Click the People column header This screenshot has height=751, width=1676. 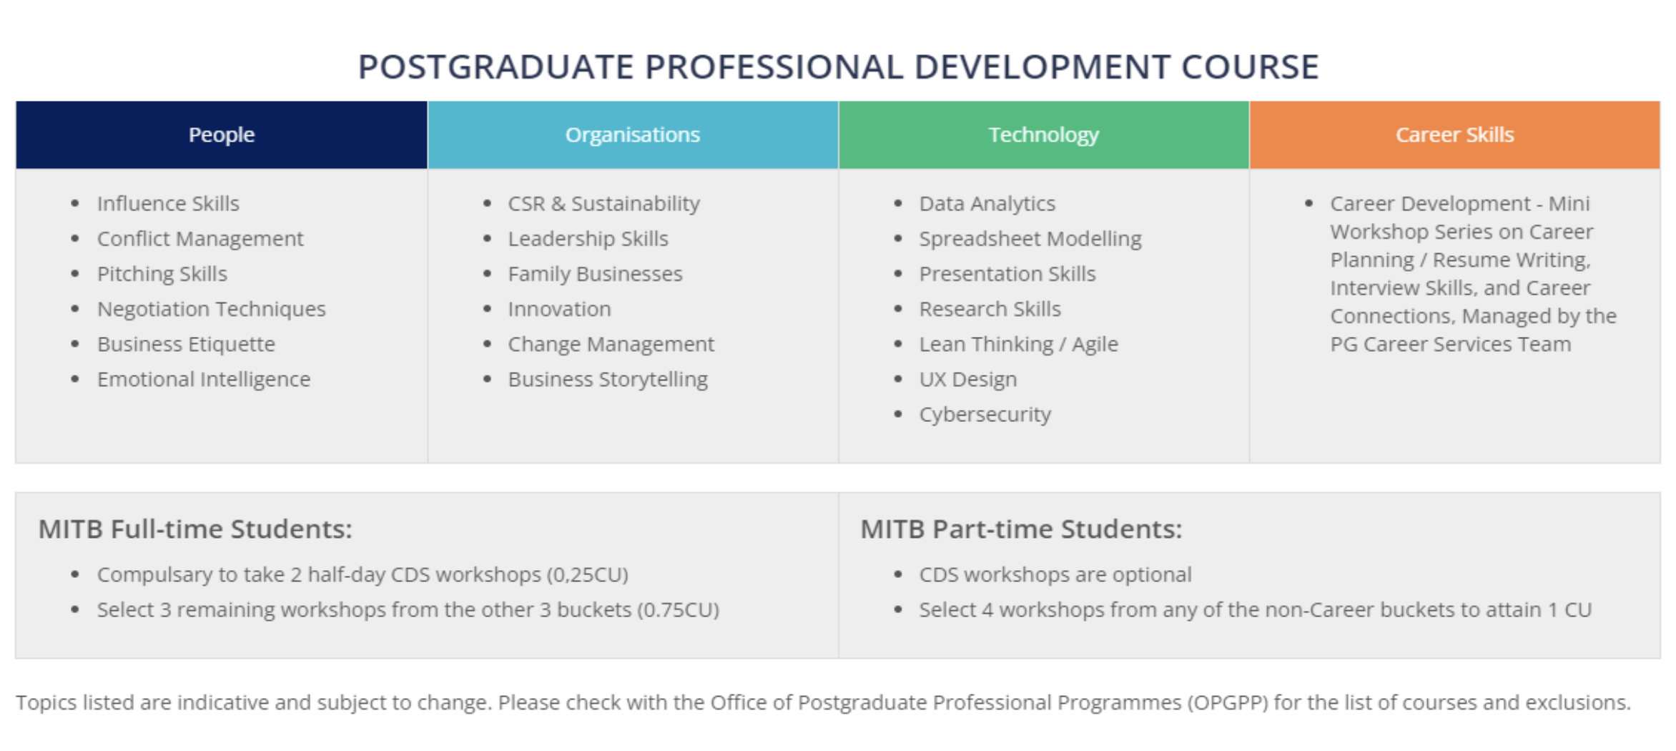tap(222, 134)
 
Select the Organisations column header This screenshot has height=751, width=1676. tap(633, 134)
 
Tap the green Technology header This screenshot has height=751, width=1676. tap(1044, 134)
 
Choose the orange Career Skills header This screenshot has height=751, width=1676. tap(1455, 134)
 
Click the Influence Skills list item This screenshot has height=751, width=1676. tap(168, 204)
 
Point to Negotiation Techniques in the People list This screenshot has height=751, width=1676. tap(212, 310)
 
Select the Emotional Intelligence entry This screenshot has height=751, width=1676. tap(204, 380)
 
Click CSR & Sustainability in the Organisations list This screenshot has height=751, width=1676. tap(604, 204)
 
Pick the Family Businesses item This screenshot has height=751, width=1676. tap(596, 274)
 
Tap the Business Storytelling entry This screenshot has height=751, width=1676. tap(608, 380)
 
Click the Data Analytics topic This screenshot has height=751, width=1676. tap(987, 204)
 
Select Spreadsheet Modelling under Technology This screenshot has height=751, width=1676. tap(1030, 239)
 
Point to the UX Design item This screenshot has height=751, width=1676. tap(968, 380)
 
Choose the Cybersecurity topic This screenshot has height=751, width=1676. tap(985, 415)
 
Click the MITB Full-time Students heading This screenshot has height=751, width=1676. tap(195, 529)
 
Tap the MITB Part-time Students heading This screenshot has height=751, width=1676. tap(1021, 529)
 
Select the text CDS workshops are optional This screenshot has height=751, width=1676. tap(1055, 574)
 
